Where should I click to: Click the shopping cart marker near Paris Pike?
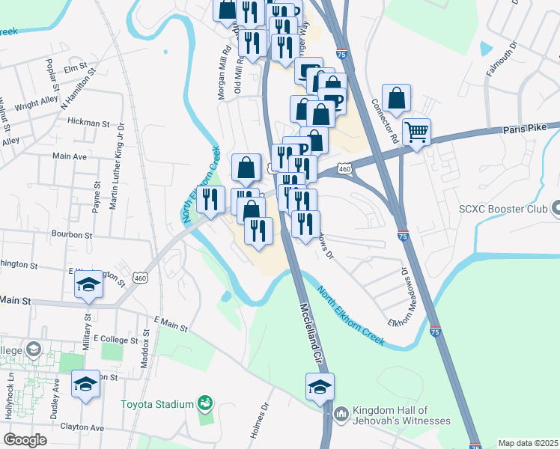pos(416,133)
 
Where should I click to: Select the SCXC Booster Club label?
pos(514,207)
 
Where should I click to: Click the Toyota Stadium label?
pos(158,404)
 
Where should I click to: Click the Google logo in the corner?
pos(25,440)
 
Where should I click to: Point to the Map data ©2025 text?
pos(528,443)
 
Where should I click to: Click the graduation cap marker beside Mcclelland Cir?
pos(320,388)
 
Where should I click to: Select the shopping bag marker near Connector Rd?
pos(396,98)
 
